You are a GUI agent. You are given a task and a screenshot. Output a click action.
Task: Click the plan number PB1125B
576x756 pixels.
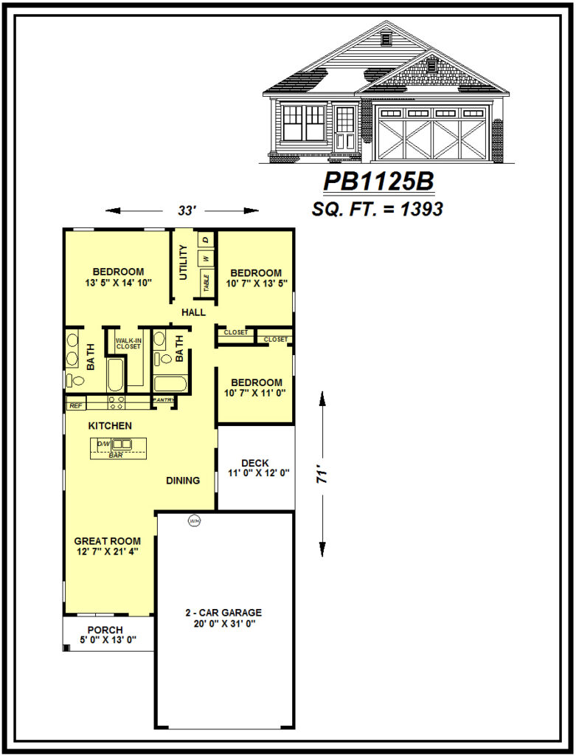(378, 182)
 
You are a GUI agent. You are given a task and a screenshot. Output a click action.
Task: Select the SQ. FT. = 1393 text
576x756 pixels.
(378, 209)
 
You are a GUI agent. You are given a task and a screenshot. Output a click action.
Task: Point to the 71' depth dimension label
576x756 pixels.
(322, 473)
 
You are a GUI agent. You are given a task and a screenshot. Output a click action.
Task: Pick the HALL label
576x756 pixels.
(193, 313)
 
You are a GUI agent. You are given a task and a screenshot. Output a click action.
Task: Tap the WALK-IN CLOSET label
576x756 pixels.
(128, 343)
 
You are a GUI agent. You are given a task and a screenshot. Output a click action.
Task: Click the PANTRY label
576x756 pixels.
(163, 400)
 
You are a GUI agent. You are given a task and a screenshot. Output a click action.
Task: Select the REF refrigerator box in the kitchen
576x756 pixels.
(74, 405)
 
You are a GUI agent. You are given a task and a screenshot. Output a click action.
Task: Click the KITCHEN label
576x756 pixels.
(110, 426)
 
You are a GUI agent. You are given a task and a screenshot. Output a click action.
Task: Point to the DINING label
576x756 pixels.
(183, 481)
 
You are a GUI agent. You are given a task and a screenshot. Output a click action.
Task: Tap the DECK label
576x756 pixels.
(254, 463)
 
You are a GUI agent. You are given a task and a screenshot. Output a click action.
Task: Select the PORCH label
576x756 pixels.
(105, 630)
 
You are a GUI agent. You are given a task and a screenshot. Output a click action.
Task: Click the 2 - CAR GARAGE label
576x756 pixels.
(223, 613)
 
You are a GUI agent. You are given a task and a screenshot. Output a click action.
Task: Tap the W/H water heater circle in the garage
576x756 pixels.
(195, 520)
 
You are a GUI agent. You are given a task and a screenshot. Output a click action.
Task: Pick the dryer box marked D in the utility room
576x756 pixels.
(207, 239)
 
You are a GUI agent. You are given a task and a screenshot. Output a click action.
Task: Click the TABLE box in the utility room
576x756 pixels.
(207, 282)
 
